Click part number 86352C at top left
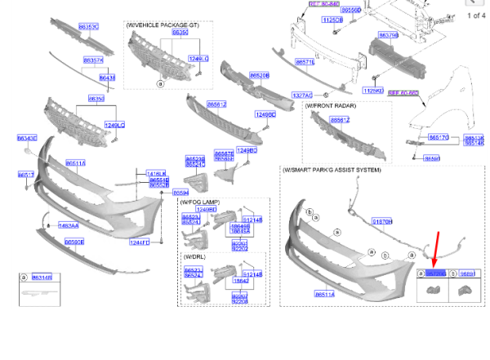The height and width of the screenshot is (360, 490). point(88,27)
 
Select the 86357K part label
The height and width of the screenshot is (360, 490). point(93,60)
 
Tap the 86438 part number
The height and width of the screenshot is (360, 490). point(107,78)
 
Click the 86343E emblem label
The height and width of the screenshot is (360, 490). point(27,139)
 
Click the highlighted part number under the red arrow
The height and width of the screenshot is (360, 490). point(436,274)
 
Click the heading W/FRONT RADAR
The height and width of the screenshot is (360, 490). point(332,106)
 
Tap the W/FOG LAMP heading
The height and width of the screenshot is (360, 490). point(200,202)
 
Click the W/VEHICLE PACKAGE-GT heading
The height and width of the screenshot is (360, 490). point(163,25)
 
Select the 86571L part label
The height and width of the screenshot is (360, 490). point(305,62)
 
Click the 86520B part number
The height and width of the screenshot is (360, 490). point(259,75)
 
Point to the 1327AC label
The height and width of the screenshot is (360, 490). point(302,96)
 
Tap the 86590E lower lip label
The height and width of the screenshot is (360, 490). point(74,242)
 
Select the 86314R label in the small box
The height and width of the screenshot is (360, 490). point(42,278)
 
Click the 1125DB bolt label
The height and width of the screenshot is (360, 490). point(332,20)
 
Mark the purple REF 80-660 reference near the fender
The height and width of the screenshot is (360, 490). point(403,93)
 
